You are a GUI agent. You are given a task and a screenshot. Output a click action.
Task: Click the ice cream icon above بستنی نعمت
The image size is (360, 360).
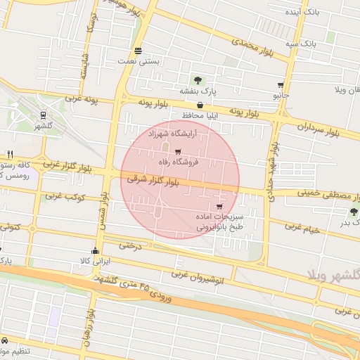pos(138,51)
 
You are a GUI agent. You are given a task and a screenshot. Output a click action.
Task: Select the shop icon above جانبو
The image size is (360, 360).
pos(281,84)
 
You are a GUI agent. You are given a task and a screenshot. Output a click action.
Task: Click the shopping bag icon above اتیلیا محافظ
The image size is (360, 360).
pos(200,105)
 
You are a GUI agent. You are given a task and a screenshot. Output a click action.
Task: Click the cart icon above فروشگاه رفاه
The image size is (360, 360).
pos(178,151)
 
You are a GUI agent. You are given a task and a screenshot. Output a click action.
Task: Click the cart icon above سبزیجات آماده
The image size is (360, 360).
pos(220,207)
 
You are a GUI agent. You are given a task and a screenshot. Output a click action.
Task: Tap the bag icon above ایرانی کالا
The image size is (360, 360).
pos(95,251)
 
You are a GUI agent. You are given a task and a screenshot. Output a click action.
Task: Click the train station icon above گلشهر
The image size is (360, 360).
pos(43,115)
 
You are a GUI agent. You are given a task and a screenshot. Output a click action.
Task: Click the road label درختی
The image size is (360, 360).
pos(130,246)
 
